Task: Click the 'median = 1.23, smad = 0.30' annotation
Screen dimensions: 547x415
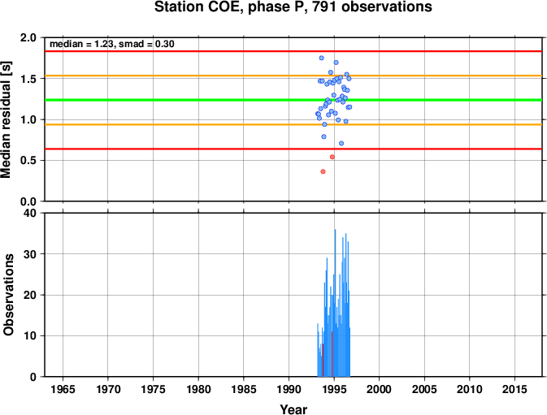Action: pos(112,44)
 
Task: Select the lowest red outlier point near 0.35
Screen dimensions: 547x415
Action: pos(323,171)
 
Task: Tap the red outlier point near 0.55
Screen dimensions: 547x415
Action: pos(332,158)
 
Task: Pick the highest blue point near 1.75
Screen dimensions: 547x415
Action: pos(321,58)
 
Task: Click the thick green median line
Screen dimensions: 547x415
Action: pos(293,100)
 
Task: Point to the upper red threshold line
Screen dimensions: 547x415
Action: pos(293,51)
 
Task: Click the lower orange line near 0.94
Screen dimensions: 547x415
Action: pos(293,124)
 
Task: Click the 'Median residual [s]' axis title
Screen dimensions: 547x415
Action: pos(7,119)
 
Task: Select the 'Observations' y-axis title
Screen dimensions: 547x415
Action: pos(8,295)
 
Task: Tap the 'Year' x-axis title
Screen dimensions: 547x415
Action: pos(293,409)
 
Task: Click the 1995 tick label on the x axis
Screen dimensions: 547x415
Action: pos(334,389)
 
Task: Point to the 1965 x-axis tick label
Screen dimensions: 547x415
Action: pos(63,389)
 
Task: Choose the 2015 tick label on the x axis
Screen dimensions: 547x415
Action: pos(514,389)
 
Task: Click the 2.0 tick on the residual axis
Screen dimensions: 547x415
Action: pos(28,37)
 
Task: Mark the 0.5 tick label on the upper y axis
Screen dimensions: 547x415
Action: pos(28,161)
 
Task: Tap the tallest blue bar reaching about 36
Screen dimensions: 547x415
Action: pos(335,303)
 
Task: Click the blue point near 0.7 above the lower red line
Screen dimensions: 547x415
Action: pos(341,143)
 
